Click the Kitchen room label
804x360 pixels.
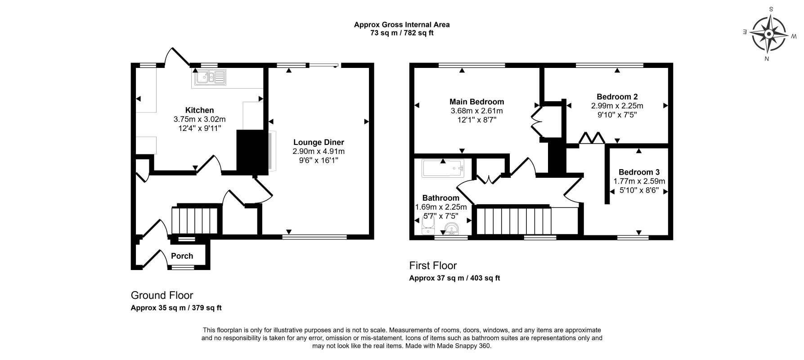199,110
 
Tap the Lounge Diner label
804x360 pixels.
318,142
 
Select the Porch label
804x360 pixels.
182,256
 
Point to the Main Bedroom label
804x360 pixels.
477,102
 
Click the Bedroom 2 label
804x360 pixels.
617,97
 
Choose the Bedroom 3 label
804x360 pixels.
639,172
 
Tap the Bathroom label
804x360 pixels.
441,198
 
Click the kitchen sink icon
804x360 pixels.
210,77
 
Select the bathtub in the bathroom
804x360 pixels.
443,168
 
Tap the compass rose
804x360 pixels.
768,34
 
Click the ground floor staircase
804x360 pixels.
194,220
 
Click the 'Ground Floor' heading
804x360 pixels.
162,295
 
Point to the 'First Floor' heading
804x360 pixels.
433,265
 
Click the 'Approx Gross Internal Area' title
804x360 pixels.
402,25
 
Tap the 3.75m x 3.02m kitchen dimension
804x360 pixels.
199,119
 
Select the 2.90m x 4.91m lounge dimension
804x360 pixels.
318,151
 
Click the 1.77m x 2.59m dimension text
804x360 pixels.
639,181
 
